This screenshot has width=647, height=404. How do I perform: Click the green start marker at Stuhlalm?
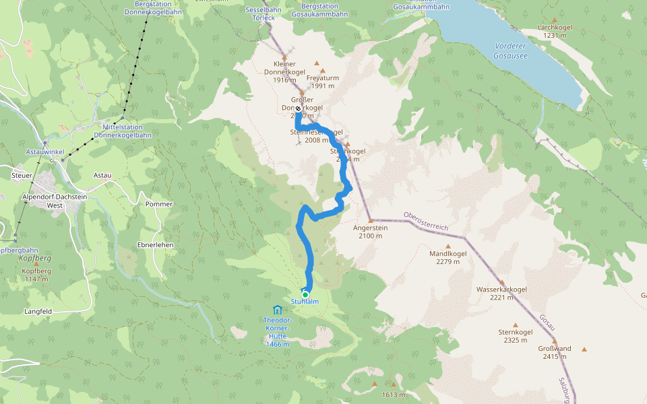305,294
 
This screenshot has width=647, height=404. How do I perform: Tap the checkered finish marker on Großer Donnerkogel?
298,108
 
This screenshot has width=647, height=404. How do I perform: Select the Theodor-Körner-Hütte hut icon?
278,309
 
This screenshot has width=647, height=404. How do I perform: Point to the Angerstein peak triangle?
370,220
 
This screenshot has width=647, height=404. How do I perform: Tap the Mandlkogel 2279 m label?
448,258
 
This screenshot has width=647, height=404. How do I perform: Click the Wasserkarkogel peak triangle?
501,282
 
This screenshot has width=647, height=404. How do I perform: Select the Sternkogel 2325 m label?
516,336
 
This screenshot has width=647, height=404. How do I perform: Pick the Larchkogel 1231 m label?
555,31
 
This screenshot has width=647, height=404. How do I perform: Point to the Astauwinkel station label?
45,152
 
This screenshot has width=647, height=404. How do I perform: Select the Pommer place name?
159,204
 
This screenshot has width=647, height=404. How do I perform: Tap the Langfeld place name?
38,312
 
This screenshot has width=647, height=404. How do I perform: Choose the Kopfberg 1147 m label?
36,275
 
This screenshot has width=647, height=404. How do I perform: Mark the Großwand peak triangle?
584,349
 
